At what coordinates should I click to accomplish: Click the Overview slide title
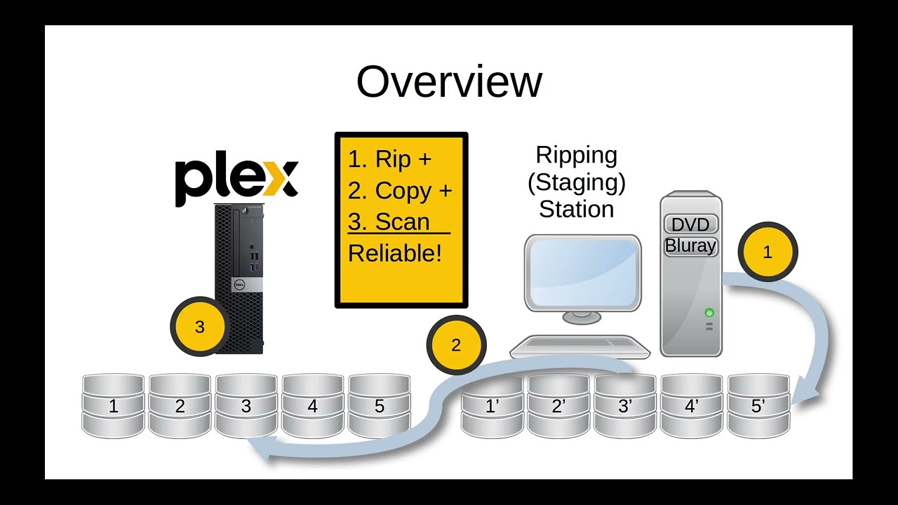pyautogui.click(x=449, y=81)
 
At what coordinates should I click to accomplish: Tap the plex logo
pyautogui.click(x=236, y=180)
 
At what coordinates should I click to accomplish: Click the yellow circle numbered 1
pyautogui.click(x=768, y=252)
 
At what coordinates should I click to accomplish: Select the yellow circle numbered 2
pyautogui.click(x=456, y=345)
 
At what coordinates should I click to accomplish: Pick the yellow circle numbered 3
pyautogui.click(x=200, y=327)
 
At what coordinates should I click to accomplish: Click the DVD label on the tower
pyautogui.click(x=690, y=224)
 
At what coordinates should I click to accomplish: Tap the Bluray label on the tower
pyautogui.click(x=690, y=246)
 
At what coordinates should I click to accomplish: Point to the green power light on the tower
pyautogui.click(x=709, y=313)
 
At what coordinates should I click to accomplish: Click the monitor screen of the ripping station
pyautogui.click(x=582, y=271)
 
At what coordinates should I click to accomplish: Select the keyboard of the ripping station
pyautogui.click(x=580, y=346)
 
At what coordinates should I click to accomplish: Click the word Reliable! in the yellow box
pyautogui.click(x=395, y=253)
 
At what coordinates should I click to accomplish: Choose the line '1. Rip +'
pyautogui.click(x=389, y=159)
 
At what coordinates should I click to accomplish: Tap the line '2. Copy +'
pyautogui.click(x=400, y=191)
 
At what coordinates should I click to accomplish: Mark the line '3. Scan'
pyautogui.click(x=389, y=222)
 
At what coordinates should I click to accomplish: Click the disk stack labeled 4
pyautogui.click(x=313, y=406)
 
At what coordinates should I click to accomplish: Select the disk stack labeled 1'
pyautogui.click(x=492, y=406)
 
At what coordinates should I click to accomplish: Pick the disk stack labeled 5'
pyautogui.click(x=758, y=406)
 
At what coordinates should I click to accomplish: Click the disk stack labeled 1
pyautogui.click(x=113, y=406)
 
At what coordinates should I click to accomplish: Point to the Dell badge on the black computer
pyautogui.click(x=239, y=284)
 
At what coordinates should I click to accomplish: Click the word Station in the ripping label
pyautogui.click(x=576, y=209)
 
